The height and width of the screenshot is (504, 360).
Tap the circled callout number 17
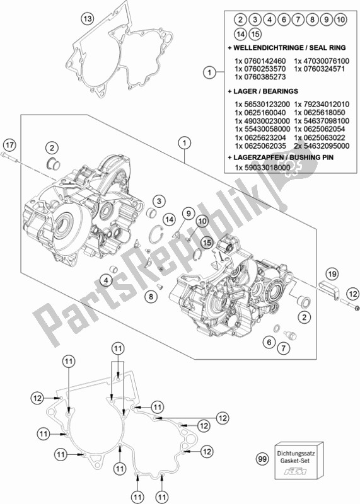click(x=8, y=141)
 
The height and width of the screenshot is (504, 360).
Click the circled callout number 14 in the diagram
click(x=168, y=219)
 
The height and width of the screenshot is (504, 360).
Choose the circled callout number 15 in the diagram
click(x=206, y=242)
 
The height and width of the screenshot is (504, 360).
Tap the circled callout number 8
click(x=151, y=296)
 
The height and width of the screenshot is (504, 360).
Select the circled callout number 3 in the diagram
click(x=160, y=201)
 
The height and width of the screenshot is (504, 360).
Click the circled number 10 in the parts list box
click(x=340, y=21)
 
